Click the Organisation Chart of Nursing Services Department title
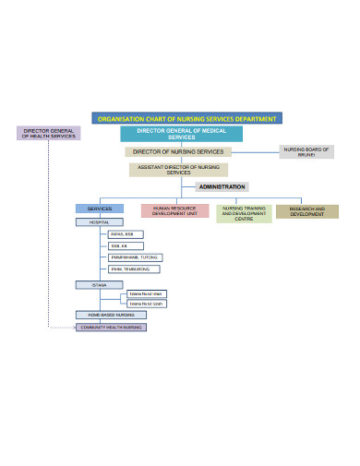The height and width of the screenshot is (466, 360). point(186,118)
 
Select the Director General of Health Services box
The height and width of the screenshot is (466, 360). point(49,134)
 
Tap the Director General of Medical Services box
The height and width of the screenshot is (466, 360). point(181,135)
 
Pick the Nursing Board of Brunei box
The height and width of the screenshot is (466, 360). point(306,152)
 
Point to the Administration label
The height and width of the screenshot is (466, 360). point(222,186)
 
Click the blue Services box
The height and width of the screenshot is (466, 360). point(99,209)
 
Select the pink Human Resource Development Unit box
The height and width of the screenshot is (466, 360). point(174,211)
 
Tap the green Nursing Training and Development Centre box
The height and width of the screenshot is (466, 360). point(244,214)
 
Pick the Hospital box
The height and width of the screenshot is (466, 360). point(99,222)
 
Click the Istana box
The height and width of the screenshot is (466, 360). point(100,285)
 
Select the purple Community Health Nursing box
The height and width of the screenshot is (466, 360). point(111,327)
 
